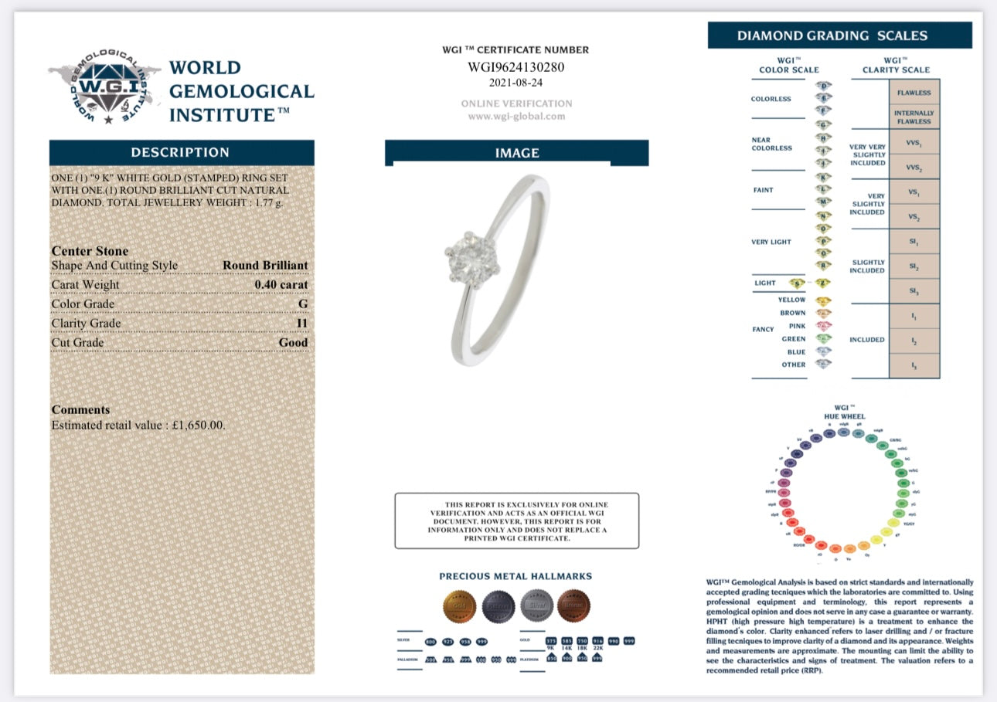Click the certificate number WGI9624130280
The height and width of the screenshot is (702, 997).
click(516, 67)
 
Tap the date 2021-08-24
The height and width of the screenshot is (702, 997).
click(516, 82)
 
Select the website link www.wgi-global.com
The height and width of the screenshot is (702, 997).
click(516, 117)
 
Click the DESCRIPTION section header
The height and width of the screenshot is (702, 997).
click(180, 152)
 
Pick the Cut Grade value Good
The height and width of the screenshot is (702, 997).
click(293, 342)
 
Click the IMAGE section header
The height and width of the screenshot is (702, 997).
click(516, 153)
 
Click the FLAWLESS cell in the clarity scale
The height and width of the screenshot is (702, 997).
click(914, 93)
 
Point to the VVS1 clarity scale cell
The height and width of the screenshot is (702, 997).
click(914, 143)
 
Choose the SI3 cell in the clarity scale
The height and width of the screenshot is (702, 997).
click(914, 291)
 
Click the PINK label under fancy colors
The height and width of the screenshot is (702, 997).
click(793, 326)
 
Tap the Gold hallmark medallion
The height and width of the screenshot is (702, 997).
click(459, 607)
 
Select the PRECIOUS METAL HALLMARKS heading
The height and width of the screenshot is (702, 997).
click(516, 576)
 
